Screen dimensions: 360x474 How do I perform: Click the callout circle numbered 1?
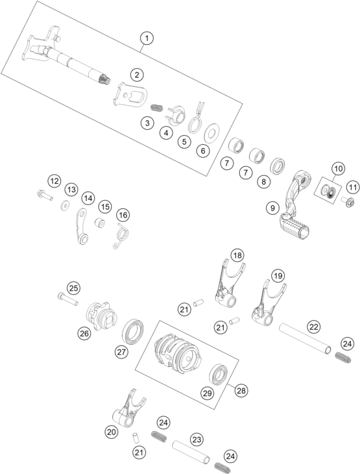coord(147,38)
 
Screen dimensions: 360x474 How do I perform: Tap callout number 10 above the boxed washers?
coord(338,169)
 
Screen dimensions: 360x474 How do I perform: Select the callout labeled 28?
coord(241,391)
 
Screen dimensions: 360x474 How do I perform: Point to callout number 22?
coord(314,327)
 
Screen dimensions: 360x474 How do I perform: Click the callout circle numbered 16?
coord(123,215)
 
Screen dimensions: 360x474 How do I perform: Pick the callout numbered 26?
coord(84,334)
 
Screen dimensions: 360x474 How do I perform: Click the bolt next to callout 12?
coord(45,195)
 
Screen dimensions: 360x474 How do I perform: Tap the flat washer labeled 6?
coord(211,133)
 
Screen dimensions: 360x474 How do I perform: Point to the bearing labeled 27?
coord(133,331)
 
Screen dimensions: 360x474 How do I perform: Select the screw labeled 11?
coord(348,202)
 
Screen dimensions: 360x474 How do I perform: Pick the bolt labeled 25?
coord(67,299)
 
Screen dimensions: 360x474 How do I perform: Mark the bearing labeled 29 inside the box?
coord(219,375)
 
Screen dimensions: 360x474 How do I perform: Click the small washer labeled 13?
coord(64,206)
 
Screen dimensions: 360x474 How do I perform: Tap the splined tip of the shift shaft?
coord(105,79)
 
